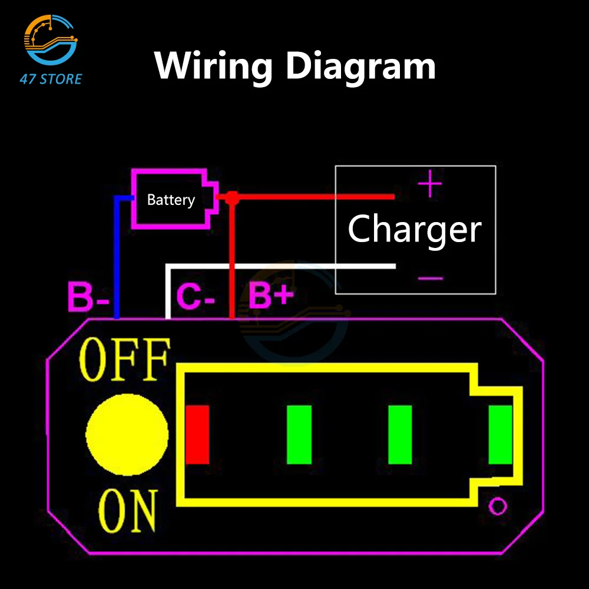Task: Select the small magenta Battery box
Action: pyautogui.click(x=171, y=199)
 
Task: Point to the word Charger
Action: pyautogui.click(x=415, y=229)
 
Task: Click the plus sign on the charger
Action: pyautogui.click(x=429, y=184)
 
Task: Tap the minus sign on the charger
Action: pyautogui.click(x=431, y=277)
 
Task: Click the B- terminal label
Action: pyautogui.click(x=89, y=297)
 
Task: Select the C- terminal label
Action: pyautogui.click(x=196, y=297)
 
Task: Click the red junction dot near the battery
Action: pyautogui.click(x=231, y=198)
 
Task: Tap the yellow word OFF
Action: pyautogui.click(x=125, y=360)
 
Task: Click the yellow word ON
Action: pyautogui.click(x=128, y=511)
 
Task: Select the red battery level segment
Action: pyautogui.click(x=197, y=434)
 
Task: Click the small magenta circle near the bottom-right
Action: pyautogui.click(x=498, y=505)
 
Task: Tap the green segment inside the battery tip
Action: pyautogui.click(x=500, y=434)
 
